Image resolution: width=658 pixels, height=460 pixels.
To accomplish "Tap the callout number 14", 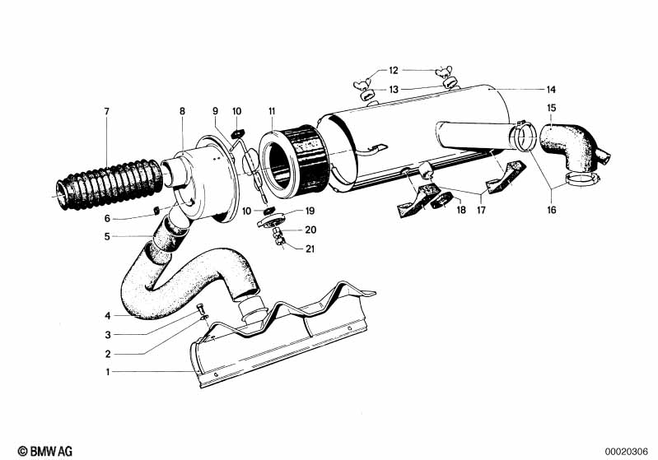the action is [x=551, y=88].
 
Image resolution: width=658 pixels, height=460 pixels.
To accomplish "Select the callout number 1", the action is [x=107, y=372].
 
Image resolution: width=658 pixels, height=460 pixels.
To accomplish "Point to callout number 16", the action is [x=551, y=211].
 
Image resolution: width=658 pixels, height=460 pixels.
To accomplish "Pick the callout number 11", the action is [x=271, y=110].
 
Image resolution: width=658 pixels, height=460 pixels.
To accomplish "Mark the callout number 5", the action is [x=107, y=237].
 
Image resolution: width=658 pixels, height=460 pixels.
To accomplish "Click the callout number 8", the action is [x=183, y=110].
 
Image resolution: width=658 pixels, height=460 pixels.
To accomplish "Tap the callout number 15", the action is [x=551, y=108].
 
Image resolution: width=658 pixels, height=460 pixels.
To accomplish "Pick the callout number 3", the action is [x=107, y=334].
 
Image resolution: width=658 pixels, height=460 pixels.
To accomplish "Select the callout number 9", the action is [x=215, y=110].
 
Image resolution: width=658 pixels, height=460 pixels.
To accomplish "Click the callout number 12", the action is [x=394, y=70].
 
